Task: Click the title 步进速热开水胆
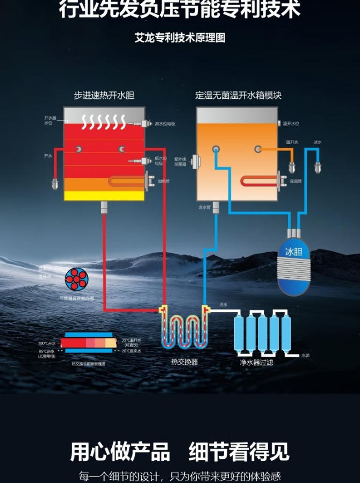pyautogui.click(x=104, y=96)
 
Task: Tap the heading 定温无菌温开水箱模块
pyautogui.click(x=238, y=96)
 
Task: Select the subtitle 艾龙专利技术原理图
pyautogui.click(x=180, y=38)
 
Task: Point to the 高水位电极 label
pyautogui.click(x=165, y=124)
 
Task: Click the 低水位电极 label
pyautogui.click(x=161, y=161)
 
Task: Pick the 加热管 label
pyautogui.click(x=163, y=182)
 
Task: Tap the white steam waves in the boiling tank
pyautogui.click(x=104, y=120)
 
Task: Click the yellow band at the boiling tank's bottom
pyautogui.click(x=104, y=196)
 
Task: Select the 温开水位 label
pyautogui.click(x=291, y=124)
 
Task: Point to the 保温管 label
pyautogui.click(x=296, y=182)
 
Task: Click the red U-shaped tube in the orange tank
pyautogui.click(x=258, y=182)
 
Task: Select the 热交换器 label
pyautogui.click(x=184, y=362)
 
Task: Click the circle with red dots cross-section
pyautogui.click(x=76, y=278)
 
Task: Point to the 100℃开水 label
pyautogui.click(x=47, y=343)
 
